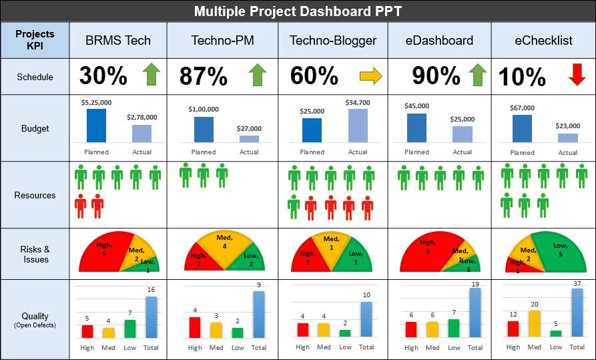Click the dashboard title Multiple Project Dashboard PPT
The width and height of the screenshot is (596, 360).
point(298,11)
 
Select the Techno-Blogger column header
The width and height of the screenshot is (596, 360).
point(333,40)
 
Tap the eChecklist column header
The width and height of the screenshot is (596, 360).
point(543,40)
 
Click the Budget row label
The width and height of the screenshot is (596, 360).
point(35,128)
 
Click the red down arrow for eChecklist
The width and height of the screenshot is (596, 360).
point(577,75)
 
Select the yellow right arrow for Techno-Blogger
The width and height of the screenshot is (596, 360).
point(371,76)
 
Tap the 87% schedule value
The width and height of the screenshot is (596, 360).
point(203,77)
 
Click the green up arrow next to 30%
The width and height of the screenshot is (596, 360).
point(152,75)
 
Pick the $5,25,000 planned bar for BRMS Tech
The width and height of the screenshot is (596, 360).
point(96,126)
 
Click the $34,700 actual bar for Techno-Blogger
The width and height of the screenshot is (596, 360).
point(358,126)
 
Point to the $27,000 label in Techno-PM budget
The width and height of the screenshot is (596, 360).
point(249,128)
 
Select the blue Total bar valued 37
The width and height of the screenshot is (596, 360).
point(577,312)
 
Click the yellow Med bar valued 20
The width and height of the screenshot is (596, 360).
point(535,323)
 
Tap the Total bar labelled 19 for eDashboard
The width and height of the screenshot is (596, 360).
point(475,312)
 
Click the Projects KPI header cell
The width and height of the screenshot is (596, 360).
point(35,40)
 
